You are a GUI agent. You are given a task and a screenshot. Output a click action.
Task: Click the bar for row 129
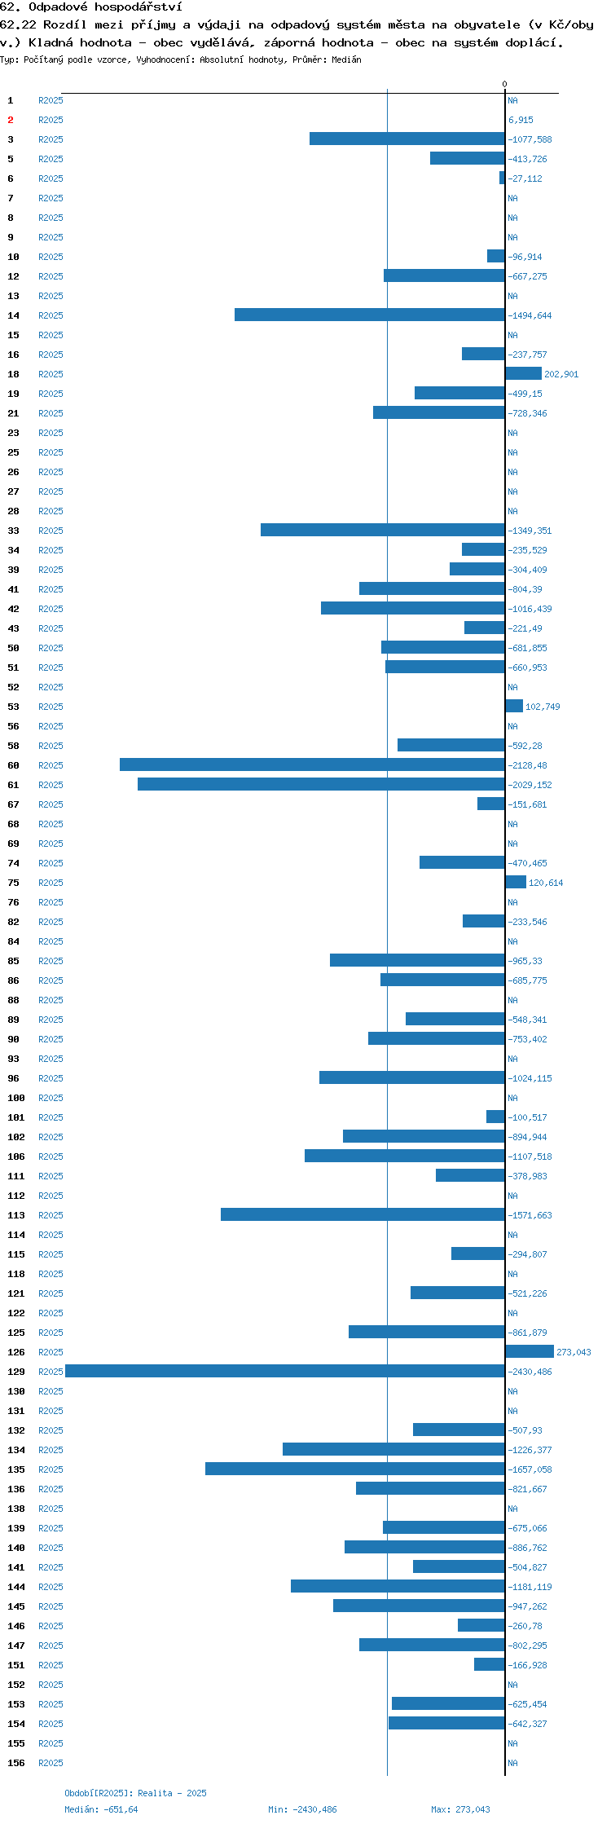[285, 1372]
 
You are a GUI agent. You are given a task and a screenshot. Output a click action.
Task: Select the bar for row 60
[312, 765]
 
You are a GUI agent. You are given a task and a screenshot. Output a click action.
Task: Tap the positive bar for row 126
[530, 1352]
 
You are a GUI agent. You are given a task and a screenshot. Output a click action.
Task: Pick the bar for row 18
[523, 374]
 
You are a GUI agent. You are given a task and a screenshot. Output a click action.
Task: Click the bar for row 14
[370, 315]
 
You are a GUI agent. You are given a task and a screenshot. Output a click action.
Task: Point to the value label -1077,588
[530, 139]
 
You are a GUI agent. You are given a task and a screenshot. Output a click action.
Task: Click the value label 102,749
[543, 707]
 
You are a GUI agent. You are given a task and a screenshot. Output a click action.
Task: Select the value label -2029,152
[530, 785]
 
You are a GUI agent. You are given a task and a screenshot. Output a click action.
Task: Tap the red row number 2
[11, 120]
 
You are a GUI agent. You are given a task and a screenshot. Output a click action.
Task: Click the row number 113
[16, 1215]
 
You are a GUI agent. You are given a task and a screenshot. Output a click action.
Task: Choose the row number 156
[16, 1763]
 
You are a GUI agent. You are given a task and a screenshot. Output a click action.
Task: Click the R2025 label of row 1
[51, 100]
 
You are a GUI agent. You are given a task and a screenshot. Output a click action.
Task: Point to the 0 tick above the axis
[504, 84]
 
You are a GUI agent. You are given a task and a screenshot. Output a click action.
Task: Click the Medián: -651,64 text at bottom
[101, 1809]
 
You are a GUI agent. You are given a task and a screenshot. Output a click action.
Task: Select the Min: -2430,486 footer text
[302, 1809]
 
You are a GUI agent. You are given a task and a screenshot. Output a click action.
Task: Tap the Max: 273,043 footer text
[461, 1809]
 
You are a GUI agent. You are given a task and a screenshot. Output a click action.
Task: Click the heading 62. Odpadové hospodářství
[91, 7]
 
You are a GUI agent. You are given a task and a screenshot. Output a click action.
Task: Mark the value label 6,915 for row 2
[521, 120]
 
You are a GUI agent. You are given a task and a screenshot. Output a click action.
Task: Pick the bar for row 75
[516, 883]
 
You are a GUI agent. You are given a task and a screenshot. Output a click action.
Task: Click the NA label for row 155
[512, 1743]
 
